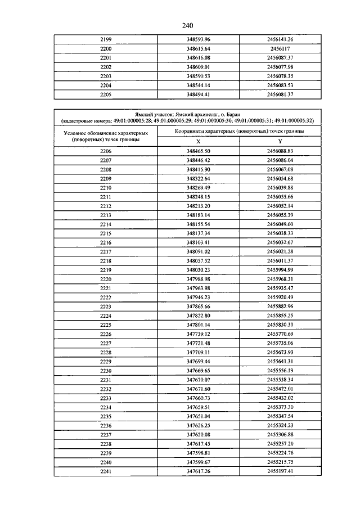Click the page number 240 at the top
(188, 25)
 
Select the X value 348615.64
(198, 48)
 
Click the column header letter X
(198, 141)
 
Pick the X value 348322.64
(198, 178)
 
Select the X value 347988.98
(198, 280)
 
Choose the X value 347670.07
(198, 380)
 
